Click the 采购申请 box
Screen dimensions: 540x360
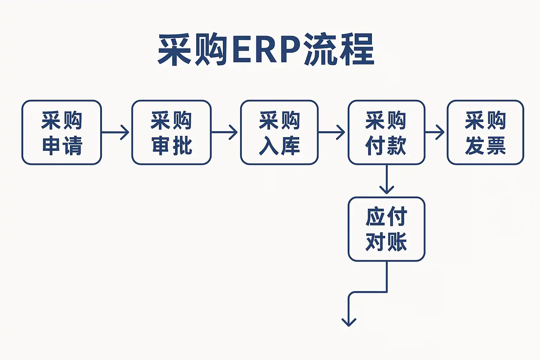pyautogui.click(x=62, y=133)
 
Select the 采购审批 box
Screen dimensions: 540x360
pyautogui.click(x=172, y=133)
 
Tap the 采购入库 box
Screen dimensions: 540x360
pyautogui.click(x=279, y=133)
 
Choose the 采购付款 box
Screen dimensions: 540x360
pyautogui.click(x=386, y=133)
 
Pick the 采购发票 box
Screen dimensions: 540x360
pyautogui.click(x=485, y=133)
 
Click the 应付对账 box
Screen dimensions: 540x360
pyautogui.click(x=386, y=229)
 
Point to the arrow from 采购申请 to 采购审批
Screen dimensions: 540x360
pyautogui.click(x=115, y=133)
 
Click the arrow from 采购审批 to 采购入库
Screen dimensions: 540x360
pyautogui.click(x=224, y=133)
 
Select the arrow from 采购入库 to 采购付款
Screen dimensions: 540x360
pyautogui.click(x=332, y=133)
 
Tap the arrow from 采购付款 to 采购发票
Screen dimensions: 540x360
pyautogui.click(x=435, y=133)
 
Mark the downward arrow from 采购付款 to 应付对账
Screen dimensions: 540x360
pyautogui.click(x=387, y=179)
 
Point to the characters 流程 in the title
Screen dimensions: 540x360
pyautogui.click(x=339, y=50)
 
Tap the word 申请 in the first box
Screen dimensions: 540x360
pyautogui.click(x=62, y=146)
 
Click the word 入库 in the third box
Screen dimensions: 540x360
pyautogui.click(x=279, y=146)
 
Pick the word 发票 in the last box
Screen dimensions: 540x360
pyautogui.click(x=485, y=146)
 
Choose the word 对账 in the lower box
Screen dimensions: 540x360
pyautogui.click(x=386, y=242)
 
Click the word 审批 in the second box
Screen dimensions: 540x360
pyautogui.click(x=172, y=146)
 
